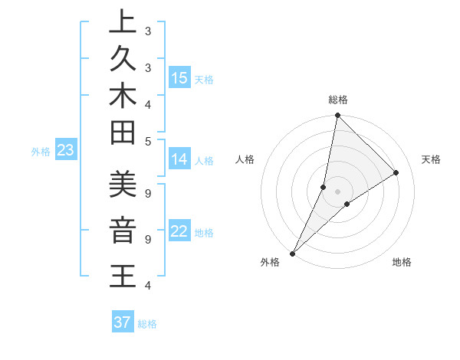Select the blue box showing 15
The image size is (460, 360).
click(x=179, y=77)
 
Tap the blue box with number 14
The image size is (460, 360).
click(x=179, y=159)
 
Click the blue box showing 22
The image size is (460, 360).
click(x=179, y=231)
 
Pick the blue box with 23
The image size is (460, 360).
click(x=65, y=151)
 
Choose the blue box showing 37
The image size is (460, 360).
click(x=123, y=322)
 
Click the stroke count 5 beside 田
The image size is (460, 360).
click(x=148, y=141)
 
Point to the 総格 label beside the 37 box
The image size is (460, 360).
click(x=148, y=324)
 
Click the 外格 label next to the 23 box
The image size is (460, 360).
click(x=41, y=152)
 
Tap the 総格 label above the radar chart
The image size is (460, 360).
click(x=338, y=100)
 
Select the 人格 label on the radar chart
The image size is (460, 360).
click(x=245, y=159)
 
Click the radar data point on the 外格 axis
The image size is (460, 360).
click(x=292, y=253)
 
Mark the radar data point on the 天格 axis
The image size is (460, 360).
click(x=396, y=172)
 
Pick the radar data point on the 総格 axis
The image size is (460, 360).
click(x=337, y=116)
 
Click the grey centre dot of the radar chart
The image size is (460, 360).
click(x=337, y=191)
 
